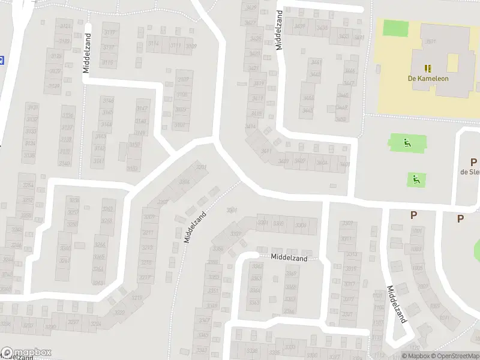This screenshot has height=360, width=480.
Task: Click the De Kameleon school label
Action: coord(428,78)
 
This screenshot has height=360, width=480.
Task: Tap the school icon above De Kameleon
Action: coord(428,68)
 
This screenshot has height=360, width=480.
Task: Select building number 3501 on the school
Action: coord(430,41)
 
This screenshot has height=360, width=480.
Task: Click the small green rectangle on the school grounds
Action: coord(395,27)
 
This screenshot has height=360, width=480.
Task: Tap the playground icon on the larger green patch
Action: coord(407,143)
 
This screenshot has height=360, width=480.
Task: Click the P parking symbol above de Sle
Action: coord(473,162)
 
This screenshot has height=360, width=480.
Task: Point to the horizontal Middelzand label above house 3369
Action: coord(289,258)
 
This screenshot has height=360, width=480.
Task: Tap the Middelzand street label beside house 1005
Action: coord(397,304)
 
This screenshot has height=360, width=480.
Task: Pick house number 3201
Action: coord(201,167)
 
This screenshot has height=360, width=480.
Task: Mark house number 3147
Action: coord(142,108)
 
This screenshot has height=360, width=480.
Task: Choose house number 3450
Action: coord(340,118)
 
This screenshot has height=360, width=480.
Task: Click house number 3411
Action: coord(266,151)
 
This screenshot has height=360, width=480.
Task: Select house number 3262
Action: coord(107,209)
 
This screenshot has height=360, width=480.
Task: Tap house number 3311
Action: coord(346,239)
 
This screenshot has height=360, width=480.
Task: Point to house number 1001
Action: coord(416,231)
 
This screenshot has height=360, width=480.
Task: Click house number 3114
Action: coord(154,45)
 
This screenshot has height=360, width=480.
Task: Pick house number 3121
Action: coord(65,26)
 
